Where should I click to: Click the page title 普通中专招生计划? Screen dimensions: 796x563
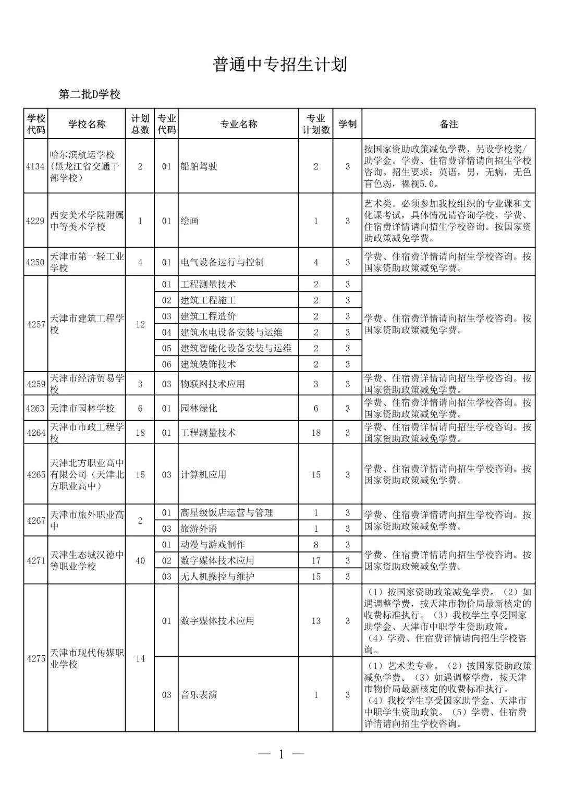click(x=280, y=65)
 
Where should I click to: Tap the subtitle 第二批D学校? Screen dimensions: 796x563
click(x=89, y=94)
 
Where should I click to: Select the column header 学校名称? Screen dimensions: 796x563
click(x=87, y=124)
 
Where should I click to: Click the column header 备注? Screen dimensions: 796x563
click(x=448, y=124)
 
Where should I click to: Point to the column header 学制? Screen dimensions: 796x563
click(x=347, y=124)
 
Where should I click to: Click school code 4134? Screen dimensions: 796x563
click(x=35, y=166)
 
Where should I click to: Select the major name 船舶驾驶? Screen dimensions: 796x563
click(x=199, y=166)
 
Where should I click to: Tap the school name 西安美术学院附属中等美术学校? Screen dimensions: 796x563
click(x=87, y=221)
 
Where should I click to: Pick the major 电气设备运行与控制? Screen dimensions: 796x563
click(x=222, y=262)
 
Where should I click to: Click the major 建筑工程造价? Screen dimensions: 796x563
click(x=208, y=316)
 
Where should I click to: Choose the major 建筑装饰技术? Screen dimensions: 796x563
click(x=208, y=364)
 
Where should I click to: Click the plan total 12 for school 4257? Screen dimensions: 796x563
click(x=140, y=324)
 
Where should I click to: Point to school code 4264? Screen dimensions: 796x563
click(x=35, y=433)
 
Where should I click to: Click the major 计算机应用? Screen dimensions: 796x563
click(x=203, y=475)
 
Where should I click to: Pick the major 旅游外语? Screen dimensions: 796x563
click(x=199, y=529)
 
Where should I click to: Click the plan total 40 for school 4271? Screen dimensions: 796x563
click(x=140, y=561)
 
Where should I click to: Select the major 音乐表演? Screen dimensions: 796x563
click(x=199, y=695)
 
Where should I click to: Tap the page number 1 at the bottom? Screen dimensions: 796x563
click(x=281, y=754)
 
